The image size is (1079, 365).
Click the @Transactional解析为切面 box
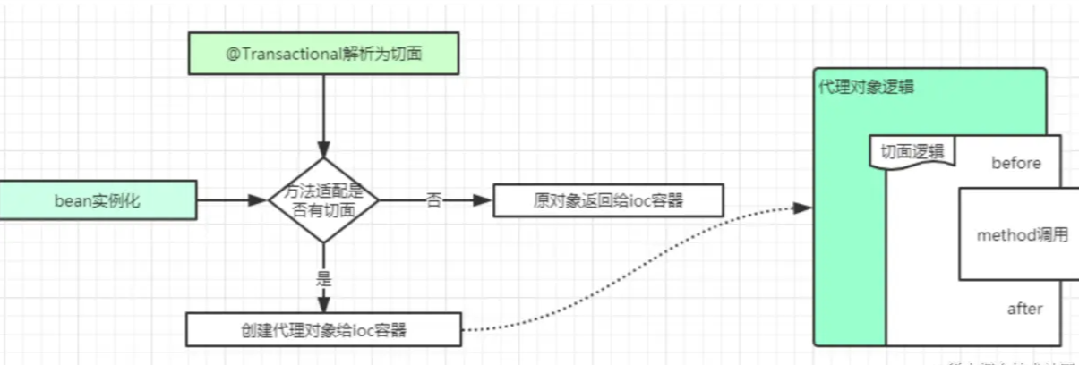point(323,54)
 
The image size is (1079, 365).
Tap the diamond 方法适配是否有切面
point(324,200)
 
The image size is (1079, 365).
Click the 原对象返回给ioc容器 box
point(608,200)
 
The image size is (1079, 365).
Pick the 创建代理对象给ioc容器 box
point(323,329)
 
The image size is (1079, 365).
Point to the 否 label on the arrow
point(433,200)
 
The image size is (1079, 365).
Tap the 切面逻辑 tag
point(912,151)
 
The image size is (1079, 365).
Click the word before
point(1015,163)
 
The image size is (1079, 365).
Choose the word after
point(1024,309)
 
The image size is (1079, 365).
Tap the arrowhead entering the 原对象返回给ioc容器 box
point(486,200)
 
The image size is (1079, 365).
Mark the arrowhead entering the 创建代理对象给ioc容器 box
point(324,306)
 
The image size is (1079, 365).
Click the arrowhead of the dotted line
point(805,208)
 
